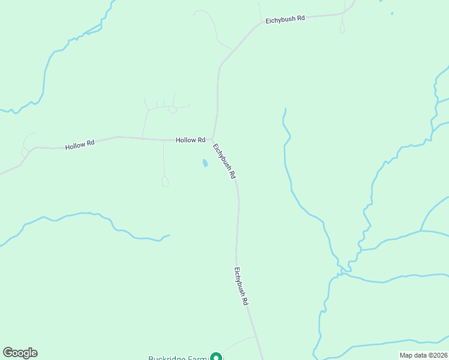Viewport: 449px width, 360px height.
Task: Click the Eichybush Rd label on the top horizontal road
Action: pyautogui.click(x=285, y=19)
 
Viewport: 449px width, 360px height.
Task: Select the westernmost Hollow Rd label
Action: pyautogui.click(x=80, y=145)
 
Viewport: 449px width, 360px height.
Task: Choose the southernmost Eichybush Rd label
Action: pyautogui.click(x=241, y=287)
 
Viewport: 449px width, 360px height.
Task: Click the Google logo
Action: pyautogui.click(x=20, y=353)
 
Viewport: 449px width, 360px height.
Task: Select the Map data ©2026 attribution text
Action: pyautogui.click(x=423, y=355)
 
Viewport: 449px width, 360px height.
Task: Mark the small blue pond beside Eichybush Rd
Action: pyautogui.click(x=205, y=163)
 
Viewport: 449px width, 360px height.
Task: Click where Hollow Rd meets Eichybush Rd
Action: pyautogui.click(x=212, y=139)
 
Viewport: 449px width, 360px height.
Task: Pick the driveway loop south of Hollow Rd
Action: pyautogui.click(x=165, y=181)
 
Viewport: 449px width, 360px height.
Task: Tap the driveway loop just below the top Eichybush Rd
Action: pyautogui.click(x=342, y=28)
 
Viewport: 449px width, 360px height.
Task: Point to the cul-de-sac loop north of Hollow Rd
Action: pyautogui.click(x=173, y=110)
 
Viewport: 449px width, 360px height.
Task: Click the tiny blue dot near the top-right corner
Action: pyautogui.click(x=392, y=13)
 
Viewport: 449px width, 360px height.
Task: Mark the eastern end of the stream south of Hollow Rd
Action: pyautogui.click(x=169, y=235)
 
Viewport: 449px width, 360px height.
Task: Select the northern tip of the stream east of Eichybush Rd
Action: pyautogui.click(x=285, y=109)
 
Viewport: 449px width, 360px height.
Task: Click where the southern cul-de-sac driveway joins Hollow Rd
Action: pyautogui.click(x=164, y=140)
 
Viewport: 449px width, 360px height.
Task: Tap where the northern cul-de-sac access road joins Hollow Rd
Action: pyautogui.click(x=142, y=138)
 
